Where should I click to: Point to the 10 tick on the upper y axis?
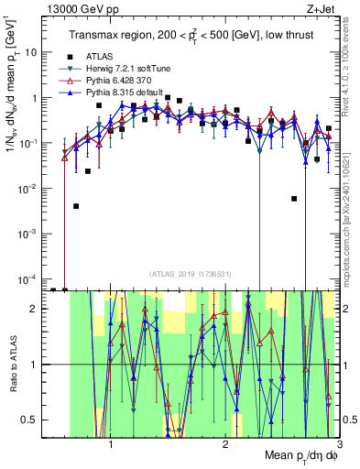36,52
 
